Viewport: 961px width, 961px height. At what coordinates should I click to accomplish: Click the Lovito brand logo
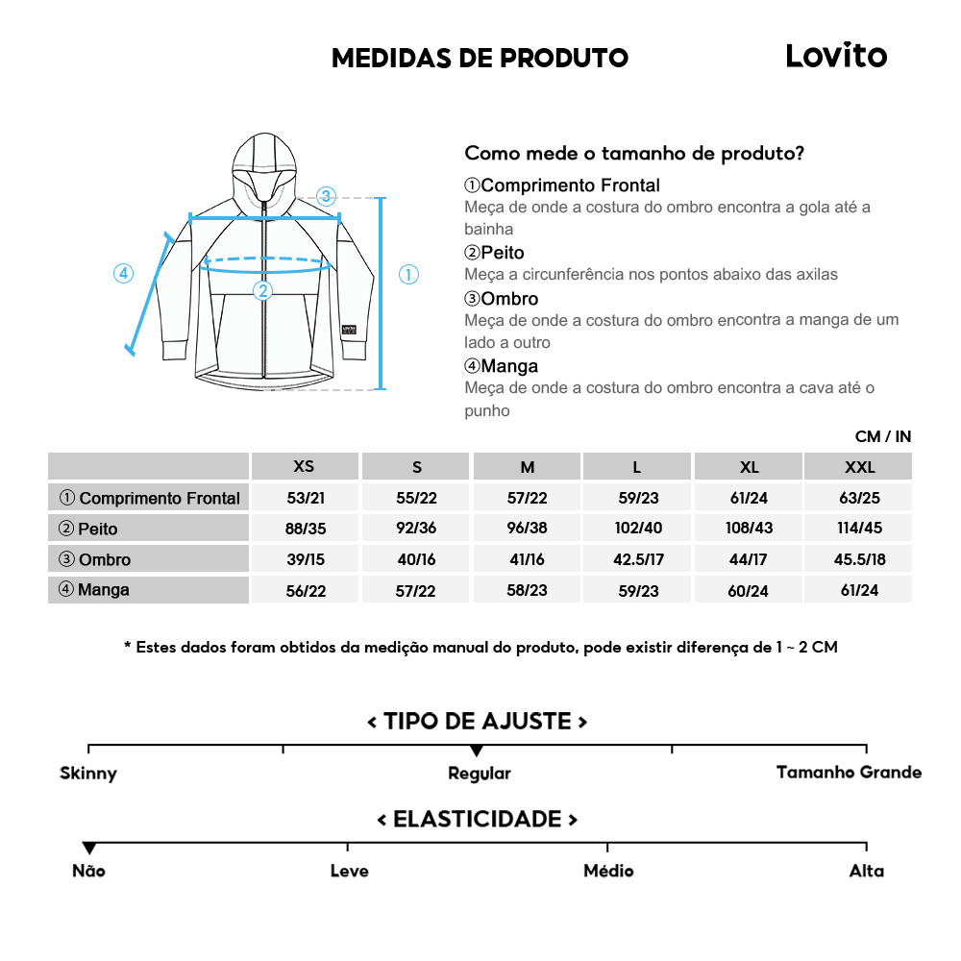tap(836, 56)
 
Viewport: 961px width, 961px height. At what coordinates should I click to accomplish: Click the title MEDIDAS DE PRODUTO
tap(480, 58)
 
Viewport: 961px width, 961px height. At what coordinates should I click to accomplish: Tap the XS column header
tap(304, 466)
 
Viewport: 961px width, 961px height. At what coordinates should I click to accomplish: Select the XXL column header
tap(858, 467)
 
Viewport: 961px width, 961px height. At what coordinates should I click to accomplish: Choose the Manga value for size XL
tap(748, 591)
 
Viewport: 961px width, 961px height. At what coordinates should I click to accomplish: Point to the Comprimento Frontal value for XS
tap(305, 498)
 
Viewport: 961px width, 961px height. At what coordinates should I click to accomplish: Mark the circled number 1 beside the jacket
tap(408, 275)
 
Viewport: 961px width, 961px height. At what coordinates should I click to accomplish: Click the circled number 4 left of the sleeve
tap(123, 273)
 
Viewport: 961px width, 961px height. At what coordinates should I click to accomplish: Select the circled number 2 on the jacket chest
tap(262, 290)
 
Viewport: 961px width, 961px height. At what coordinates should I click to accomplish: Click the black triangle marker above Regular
tap(477, 751)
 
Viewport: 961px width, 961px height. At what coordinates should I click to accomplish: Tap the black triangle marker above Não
tap(89, 849)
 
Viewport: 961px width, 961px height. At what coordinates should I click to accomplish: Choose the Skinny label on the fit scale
tap(88, 774)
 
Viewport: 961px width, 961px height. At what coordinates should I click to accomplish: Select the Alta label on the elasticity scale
tap(866, 871)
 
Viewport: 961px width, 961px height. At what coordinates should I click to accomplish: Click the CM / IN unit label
tap(882, 436)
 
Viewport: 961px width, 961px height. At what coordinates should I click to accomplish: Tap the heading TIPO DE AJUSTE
tap(478, 721)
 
